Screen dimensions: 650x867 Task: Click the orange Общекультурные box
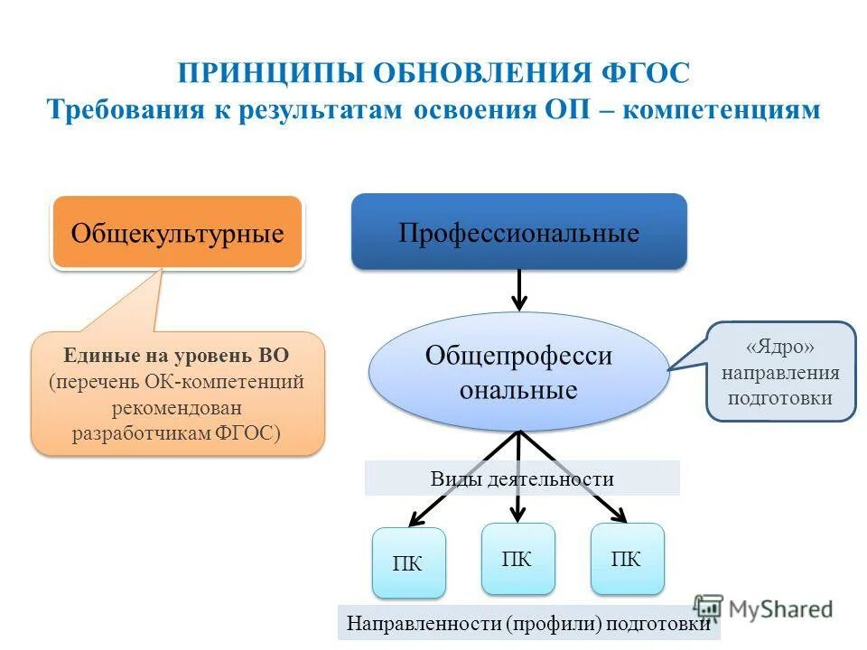177,233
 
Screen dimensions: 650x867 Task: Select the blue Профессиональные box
518,232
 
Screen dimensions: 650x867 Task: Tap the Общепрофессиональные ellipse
518,372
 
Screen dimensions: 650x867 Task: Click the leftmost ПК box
408,563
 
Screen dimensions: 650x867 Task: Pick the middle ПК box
517,559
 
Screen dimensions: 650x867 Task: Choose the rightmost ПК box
627,559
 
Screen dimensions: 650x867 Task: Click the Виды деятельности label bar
522,478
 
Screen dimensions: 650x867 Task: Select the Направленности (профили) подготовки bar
528,623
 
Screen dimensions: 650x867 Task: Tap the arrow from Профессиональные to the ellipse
519,289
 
